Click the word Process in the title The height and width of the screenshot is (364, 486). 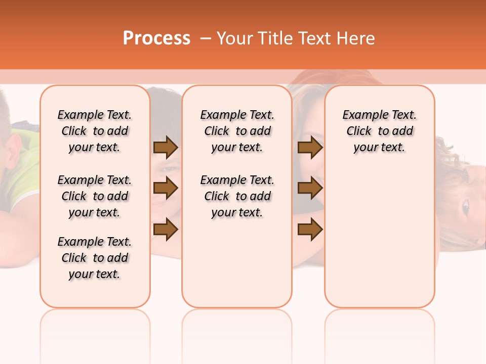[x=156, y=38]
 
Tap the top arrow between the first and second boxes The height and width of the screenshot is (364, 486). [x=166, y=148]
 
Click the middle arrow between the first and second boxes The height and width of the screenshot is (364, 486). [x=166, y=188]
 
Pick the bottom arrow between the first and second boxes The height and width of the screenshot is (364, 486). [x=166, y=230]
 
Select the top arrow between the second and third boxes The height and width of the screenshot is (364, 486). [x=310, y=148]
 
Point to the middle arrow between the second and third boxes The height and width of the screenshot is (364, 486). [x=310, y=188]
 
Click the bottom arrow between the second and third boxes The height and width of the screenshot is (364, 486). [x=310, y=230]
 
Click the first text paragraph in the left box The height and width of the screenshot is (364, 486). [x=95, y=131]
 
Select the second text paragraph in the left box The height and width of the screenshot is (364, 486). [x=95, y=196]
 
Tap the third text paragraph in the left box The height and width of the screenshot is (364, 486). [x=95, y=258]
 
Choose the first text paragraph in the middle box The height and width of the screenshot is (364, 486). [x=237, y=131]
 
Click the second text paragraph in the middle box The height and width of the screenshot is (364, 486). [x=237, y=196]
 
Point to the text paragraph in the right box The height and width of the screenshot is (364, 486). [x=380, y=131]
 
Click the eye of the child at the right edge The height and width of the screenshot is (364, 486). [x=465, y=206]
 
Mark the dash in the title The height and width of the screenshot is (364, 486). [x=205, y=39]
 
